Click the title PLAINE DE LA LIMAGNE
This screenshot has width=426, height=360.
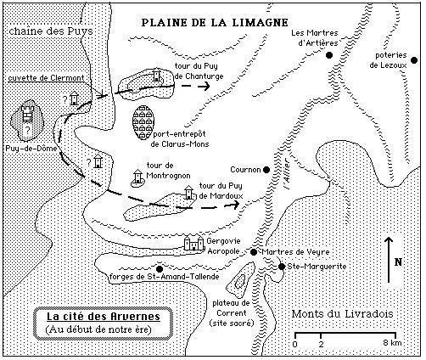click(215, 22)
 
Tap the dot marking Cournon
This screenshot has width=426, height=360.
click(266, 170)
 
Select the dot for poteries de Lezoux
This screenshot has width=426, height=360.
click(414, 60)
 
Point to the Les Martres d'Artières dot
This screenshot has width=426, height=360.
click(329, 55)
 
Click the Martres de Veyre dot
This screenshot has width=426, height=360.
click(254, 252)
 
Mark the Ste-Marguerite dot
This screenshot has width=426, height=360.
click(282, 267)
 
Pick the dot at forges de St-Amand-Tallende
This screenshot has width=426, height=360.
click(160, 269)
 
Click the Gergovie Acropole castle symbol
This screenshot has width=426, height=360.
click(194, 243)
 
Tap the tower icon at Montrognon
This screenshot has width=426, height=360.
click(137, 177)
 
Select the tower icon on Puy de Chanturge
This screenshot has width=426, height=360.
click(156, 75)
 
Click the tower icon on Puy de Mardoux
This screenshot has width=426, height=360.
click(188, 193)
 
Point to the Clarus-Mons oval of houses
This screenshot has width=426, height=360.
click(143, 122)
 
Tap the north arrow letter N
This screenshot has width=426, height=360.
click(398, 262)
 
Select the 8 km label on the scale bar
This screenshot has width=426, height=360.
click(392, 343)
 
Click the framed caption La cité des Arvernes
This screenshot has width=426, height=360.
click(103, 323)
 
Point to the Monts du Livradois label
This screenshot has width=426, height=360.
click(342, 314)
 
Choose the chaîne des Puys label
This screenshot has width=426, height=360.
click(51, 31)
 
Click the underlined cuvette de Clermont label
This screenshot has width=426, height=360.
click(46, 78)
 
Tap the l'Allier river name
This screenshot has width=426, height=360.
click(287, 173)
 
